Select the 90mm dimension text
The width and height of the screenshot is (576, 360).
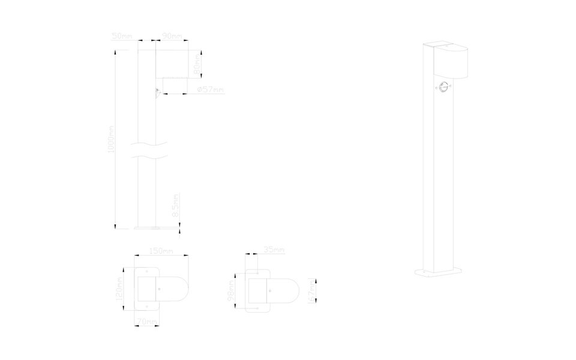pos(172,37)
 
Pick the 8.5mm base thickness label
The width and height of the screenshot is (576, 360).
pos(176,206)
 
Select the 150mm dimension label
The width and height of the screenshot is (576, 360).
pos(161,250)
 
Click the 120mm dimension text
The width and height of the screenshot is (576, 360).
pos(120,288)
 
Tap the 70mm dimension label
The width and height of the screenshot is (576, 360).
pos(147,323)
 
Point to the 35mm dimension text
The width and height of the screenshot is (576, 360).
pos(274,250)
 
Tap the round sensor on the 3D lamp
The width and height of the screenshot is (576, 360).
pos(443,87)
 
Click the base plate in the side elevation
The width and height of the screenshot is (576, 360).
pos(148,227)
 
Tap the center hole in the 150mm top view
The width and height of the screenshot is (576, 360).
pos(159,289)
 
